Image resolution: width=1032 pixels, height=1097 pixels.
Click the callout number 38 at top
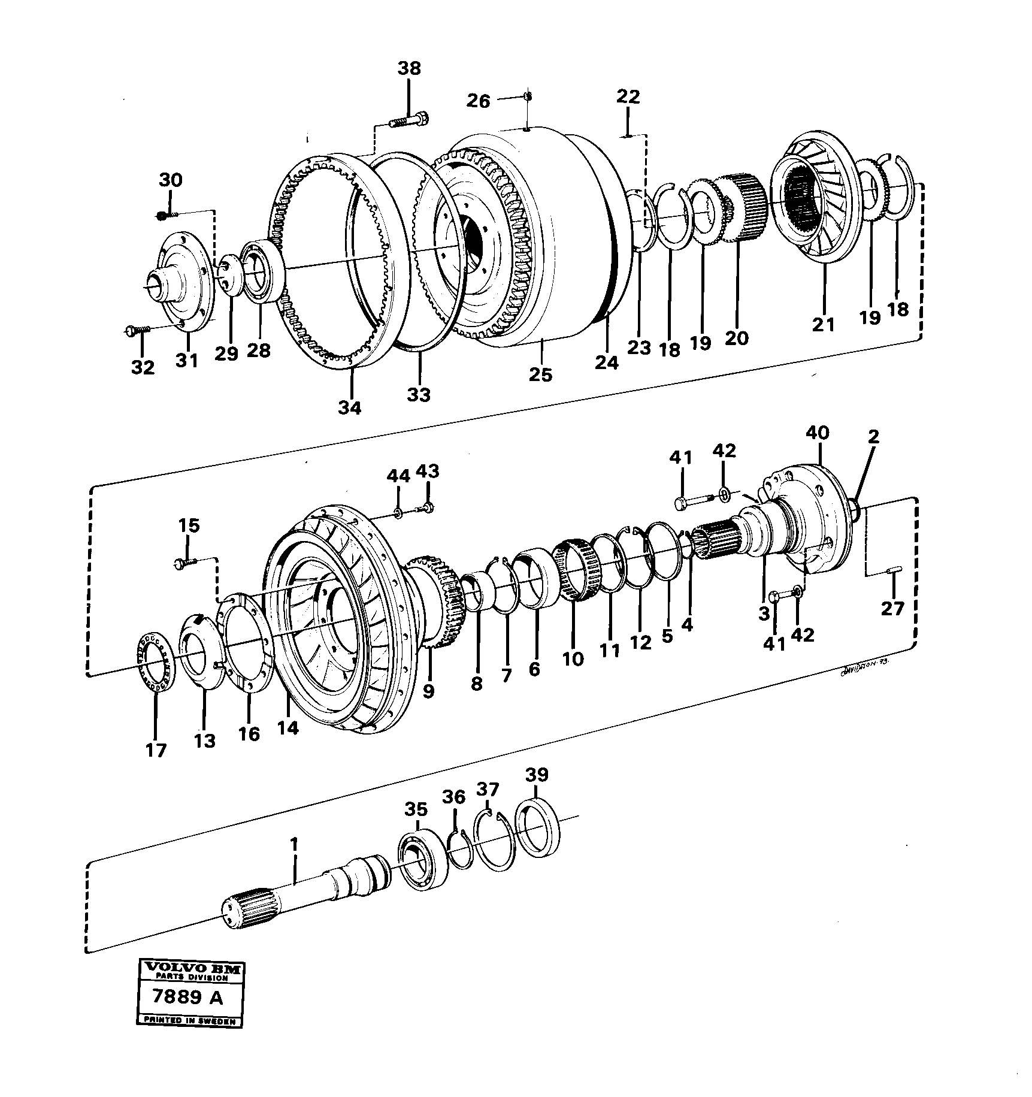(x=410, y=69)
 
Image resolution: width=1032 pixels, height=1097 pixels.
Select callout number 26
(x=479, y=101)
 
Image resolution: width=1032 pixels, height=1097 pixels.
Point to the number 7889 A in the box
(x=186, y=998)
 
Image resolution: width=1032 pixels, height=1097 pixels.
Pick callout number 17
(x=156, y=750)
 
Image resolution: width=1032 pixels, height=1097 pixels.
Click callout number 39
(x=536, y=775)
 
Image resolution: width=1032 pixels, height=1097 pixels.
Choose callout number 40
(x=818, y=433)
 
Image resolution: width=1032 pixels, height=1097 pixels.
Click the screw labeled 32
(x=138, y=330)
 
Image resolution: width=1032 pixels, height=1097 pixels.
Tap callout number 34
(x=350, y=407)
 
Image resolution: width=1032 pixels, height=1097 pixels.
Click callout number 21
(x=823, y=325)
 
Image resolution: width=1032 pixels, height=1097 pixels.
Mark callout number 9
(x=428, y=691)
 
